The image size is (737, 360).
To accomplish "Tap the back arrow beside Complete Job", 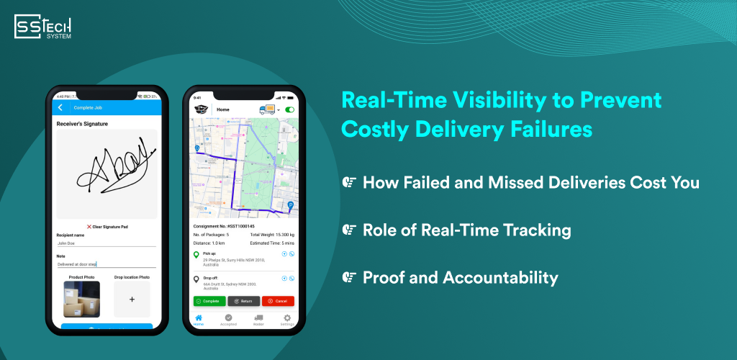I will tap(60, 107).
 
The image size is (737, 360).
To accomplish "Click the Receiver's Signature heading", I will tap(83, 124).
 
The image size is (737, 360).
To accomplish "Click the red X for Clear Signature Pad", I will tap(89, 226).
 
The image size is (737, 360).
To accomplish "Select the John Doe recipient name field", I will tap(106, 243).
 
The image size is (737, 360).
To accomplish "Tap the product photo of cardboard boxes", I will tap(81, 299).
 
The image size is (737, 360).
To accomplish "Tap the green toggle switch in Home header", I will tap(290, 110).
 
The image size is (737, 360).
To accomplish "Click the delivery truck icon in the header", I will tap(268, 110).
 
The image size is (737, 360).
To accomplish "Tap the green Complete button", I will tap(208, 301).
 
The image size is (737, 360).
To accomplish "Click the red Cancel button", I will tap(278, 301).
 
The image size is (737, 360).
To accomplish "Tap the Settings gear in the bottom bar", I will tap(287, 319).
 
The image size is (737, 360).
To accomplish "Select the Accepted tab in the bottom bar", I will tap(228, 319).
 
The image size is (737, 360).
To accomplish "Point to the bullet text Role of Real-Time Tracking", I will tap(466, 230).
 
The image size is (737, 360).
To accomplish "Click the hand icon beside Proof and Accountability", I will tap(349, 277).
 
